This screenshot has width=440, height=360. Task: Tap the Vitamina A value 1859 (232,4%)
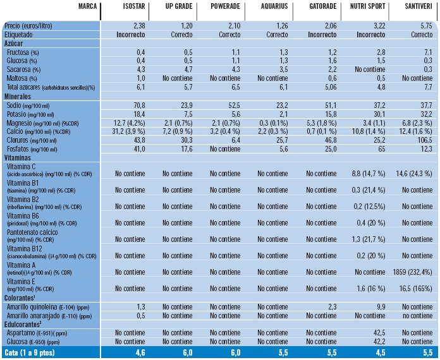pos(412,272)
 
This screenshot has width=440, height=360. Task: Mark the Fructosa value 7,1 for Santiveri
pos(427,51)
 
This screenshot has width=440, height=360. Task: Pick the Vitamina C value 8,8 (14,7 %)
pos(371,172)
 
